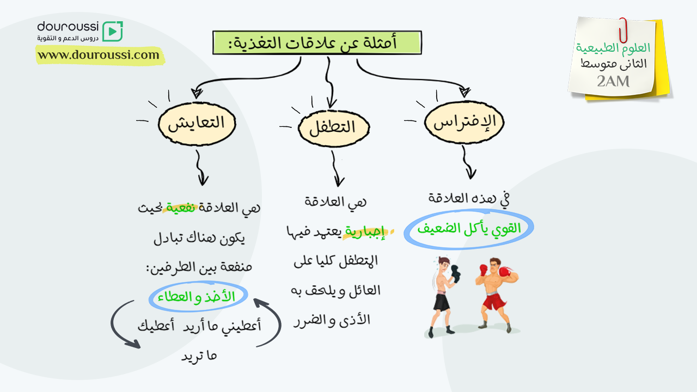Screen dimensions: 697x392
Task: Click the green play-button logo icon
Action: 113,31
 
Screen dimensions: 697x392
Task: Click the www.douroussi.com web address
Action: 99,55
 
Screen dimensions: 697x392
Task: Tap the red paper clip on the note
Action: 623,30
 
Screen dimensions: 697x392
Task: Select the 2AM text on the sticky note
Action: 613,82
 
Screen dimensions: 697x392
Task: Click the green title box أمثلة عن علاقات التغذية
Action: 317,42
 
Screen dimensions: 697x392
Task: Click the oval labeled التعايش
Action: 197,124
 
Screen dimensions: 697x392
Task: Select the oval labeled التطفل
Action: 334,128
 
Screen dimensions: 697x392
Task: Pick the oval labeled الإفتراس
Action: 464,122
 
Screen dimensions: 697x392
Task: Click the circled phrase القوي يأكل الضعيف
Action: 469,229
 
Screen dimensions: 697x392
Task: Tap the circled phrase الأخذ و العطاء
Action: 198,297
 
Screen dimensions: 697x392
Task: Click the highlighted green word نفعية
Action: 180,207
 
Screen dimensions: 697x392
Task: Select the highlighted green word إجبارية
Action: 365,232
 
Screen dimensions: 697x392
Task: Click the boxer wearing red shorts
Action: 496,295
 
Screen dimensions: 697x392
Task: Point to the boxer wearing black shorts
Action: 444,297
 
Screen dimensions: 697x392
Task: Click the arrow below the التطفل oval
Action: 337,168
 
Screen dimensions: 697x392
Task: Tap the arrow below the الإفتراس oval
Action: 469,162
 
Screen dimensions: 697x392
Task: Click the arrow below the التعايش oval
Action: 201,168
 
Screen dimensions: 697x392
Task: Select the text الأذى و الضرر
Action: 332,321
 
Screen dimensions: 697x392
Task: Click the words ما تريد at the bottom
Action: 199,356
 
